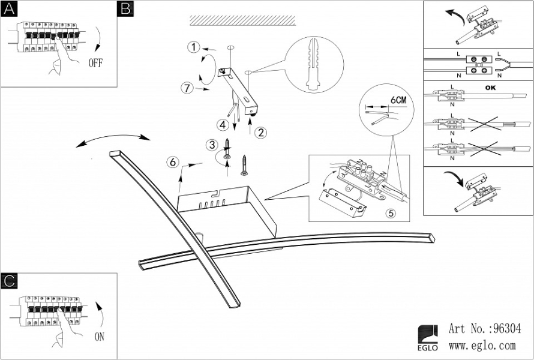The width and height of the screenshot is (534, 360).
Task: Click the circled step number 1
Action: [194, 47]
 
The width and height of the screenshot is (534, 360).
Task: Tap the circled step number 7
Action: [187, 88]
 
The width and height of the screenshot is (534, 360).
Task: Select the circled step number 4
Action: [223, 125]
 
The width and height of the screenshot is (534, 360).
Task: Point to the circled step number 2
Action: [260, 133]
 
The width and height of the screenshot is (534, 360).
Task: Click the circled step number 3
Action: [212, 145]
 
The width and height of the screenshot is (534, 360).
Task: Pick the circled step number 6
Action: [173, 162]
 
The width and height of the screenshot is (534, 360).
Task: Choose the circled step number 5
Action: [391, 213]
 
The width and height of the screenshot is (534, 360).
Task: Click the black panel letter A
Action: [9, 9]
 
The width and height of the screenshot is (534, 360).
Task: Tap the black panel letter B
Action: [125, 9]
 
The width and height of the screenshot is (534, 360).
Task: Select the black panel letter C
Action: [9, 281]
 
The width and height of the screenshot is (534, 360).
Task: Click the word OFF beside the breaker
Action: [95, 63]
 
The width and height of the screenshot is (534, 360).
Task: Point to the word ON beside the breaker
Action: [100, 337]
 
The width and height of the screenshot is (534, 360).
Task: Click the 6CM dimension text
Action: [398, 100]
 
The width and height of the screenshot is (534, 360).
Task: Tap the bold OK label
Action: [490, 88]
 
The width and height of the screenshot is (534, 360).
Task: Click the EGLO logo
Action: [428, 338]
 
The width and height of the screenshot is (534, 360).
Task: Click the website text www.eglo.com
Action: [482, 346]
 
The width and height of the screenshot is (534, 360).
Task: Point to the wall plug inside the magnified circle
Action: [314, 64]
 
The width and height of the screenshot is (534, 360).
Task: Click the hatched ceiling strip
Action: [242, 20]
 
